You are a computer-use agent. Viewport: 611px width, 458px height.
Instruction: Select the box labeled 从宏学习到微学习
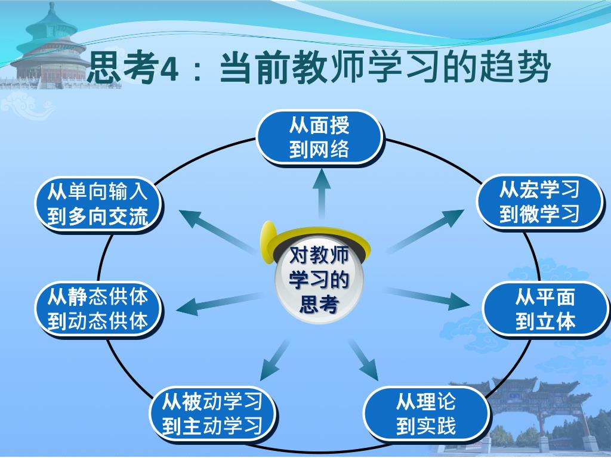[539, 202]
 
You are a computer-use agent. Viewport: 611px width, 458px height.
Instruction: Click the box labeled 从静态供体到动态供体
[97, 308]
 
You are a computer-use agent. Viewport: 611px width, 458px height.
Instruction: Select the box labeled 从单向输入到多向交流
[97, 204]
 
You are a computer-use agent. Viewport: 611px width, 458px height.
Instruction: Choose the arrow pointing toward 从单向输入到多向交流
[215, 230]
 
